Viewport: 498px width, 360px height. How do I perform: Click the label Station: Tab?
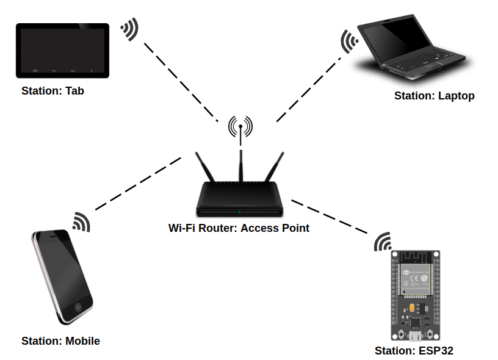click(52, 91)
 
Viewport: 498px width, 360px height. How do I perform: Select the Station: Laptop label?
click(434, 96)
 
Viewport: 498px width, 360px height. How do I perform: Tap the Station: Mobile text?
click(60, 341)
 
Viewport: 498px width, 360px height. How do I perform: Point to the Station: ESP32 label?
click(414, 351)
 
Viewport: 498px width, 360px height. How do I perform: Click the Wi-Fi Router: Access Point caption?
click(239, 228)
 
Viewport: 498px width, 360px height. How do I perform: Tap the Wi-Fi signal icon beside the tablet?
click(129, 29)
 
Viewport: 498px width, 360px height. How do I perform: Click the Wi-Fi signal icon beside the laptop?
click(348, 41)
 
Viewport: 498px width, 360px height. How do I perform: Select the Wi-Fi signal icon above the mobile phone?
click(81, 222)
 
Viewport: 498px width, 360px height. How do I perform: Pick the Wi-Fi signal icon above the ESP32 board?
click(383, 242)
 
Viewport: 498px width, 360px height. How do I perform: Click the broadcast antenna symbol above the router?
click(240, 127)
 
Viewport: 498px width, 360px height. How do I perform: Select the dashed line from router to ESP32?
click(330, 216)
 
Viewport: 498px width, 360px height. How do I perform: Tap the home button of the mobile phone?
click(78, 308)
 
